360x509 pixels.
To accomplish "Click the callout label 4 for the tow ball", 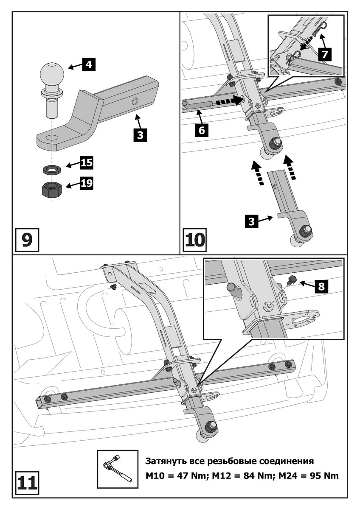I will point(89,65).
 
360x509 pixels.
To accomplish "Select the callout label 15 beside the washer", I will point(87,162).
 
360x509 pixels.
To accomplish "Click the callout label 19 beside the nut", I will point(87,183).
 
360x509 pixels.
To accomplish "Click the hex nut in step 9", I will point(52,190).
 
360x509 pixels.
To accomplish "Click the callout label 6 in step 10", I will point(201,130).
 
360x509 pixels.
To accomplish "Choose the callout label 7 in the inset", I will point(325,54).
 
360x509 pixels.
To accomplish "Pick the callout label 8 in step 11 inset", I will point(321,286).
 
